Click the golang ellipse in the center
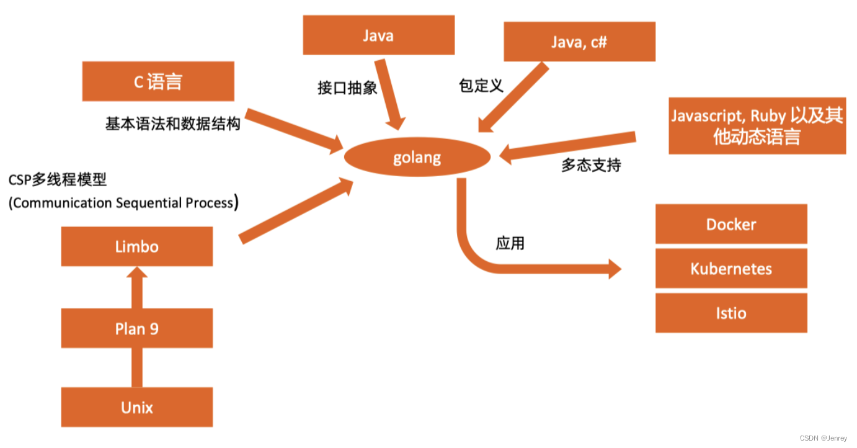(x=417, y=158)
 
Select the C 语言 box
(x=158, y=81)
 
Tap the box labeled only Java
(x=378, y=35)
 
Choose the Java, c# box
(x=579, y=42)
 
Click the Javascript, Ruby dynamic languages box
(x=757, y=126)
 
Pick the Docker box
(x=731, y=224)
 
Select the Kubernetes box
(x=731, y=269)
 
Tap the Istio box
(x=731, y=313)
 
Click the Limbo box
(x=137, y=246)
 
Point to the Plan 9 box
(x=137, y=328)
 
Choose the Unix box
(x=137, y=408)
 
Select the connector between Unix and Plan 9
(x=137, y=367)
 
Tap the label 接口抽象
(x=347, y=88)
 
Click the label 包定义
(x=481, y=86)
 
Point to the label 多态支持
(x=591, y=165)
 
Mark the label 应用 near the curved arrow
(x=510, y=243)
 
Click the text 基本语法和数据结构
(x=172, y=124)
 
